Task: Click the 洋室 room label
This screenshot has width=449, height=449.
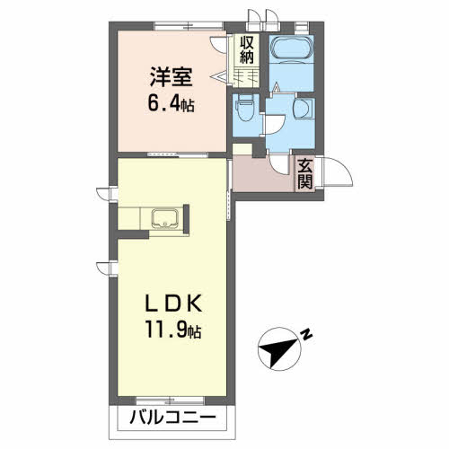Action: tap(171, 76)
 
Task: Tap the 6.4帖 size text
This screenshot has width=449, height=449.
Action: tap(171, 104)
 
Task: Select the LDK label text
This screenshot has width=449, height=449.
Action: tap(172, 304)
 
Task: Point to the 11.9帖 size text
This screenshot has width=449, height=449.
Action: tap(173, 330)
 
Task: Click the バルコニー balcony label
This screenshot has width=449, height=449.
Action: tap(172, 417)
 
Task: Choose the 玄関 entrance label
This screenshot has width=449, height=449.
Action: tap(305, 174)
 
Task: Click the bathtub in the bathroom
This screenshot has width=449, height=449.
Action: tap(292, 48)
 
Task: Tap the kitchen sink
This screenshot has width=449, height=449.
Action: tap(165, 218)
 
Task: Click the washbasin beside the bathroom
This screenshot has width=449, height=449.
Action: tap(304, 108)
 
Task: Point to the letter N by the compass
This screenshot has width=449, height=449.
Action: tap(306, 335)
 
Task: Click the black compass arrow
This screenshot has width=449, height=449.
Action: tap(277, 351)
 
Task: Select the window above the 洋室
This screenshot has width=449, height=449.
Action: tap(189, 26)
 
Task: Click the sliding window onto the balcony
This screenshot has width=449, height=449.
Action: tap(170, 401)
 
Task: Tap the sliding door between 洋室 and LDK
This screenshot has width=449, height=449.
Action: tap(178, 154)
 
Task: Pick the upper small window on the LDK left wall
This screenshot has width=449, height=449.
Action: tap(107, 193)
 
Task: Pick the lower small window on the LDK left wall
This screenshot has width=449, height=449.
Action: tap(107, 268)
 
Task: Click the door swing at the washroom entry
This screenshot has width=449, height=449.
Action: tap(275, 125)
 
